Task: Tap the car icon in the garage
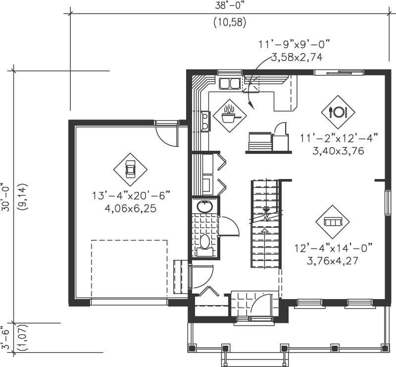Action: coord(131,169)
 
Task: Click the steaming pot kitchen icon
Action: coord(229,115)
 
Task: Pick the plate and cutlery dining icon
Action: coord(338,112)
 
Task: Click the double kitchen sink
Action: coord(229,83)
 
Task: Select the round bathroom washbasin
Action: coord(203,207)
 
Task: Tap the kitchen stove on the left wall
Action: coord(204,121)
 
